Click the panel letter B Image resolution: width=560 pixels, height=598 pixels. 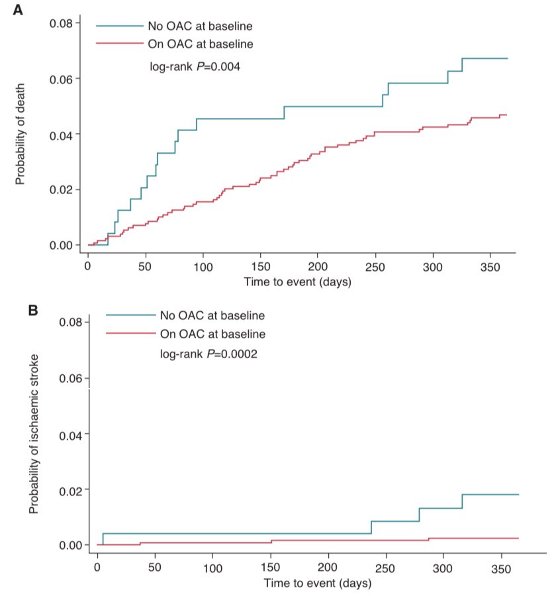[x=32, y=309]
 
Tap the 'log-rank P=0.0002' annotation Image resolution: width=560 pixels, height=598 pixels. [x=209, y=354]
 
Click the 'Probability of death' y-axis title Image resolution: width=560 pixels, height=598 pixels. [x=21, y=134]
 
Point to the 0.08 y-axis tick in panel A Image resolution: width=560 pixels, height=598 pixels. [x=60, y=23]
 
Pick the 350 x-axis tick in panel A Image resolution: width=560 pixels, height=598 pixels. [x=490, y=266]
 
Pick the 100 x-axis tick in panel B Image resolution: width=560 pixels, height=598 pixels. [x=213, y=568]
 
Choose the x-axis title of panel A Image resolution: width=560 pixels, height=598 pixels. [x=297, y=282]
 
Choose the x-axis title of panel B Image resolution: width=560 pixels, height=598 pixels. [x=317, y=584]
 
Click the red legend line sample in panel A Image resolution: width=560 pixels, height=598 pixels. [x=120, y=44]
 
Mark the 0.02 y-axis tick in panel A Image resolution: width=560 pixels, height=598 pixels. [x=60, y=190]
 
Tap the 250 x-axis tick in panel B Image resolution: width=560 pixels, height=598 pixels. [x=386, y=568]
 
